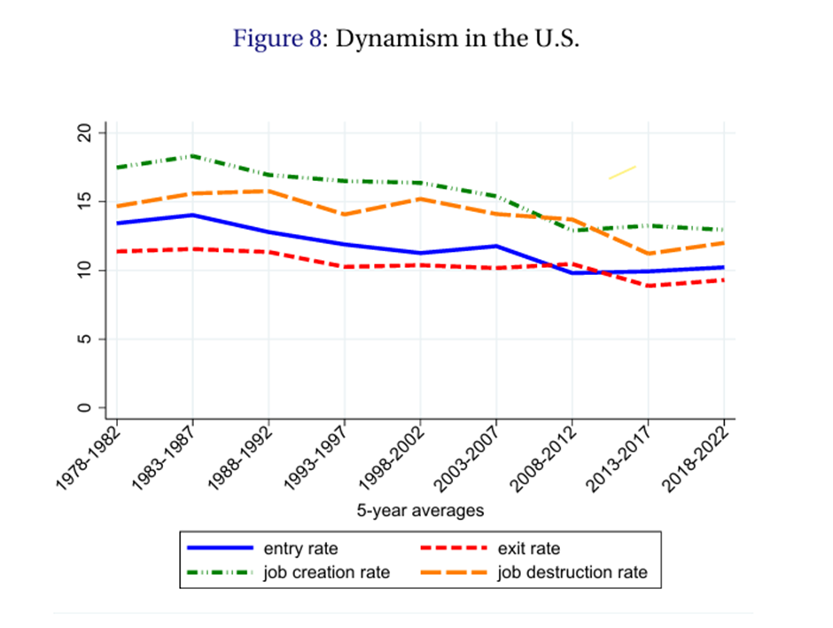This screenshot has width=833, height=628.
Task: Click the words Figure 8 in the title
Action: click(276, 40)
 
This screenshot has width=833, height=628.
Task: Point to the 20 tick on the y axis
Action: click(86, 133)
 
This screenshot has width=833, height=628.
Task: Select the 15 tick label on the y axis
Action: click(86, 202)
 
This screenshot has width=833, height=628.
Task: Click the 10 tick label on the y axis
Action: click(86, 271)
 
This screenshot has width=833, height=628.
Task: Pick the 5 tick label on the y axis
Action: click(86, 339)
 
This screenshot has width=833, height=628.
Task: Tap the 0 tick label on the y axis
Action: click(86, 408)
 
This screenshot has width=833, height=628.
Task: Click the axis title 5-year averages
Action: click(420, 511)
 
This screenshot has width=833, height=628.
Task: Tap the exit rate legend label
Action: click(530, 549)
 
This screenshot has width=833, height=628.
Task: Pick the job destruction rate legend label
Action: click(572, 573)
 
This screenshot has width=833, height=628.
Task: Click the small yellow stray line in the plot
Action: click(622, 172)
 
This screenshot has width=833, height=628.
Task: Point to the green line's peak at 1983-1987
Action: click(192, 156)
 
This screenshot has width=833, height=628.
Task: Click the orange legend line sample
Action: click(456, 573)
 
